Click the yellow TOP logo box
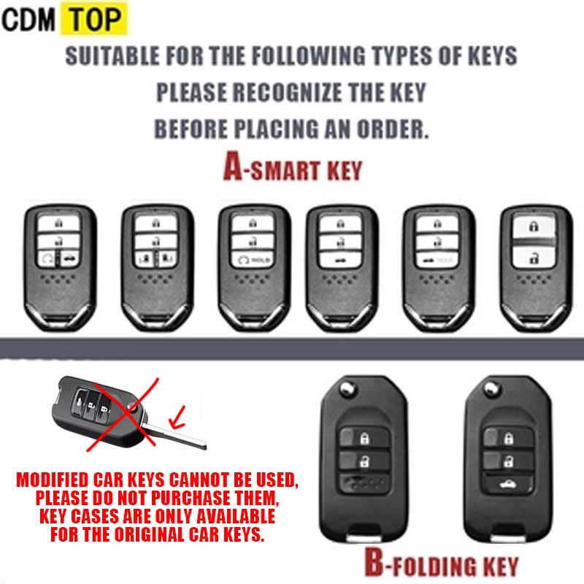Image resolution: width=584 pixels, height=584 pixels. tap(93, 20)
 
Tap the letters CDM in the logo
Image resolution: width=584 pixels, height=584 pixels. tap(29, 20)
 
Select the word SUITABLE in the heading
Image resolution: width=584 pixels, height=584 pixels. tap(109, 56)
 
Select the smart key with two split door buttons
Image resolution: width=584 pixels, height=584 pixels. tap(157, 269)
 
